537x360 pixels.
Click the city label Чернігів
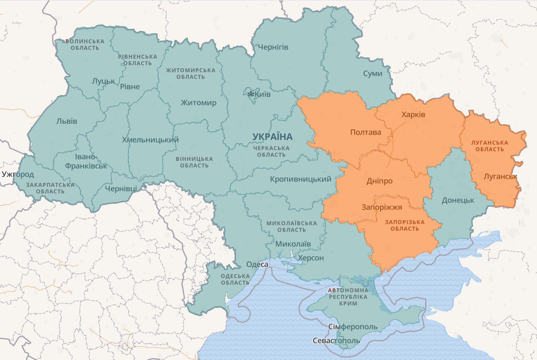pos(273,47)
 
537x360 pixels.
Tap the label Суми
pos(373,74)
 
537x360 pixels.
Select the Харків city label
pos(413,115)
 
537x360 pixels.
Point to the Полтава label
pos(365,132)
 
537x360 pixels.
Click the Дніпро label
pos(379,181)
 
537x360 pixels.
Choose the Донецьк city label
pos(458,200)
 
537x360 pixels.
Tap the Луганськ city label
pos(500,177)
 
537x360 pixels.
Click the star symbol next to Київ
pos(251,94)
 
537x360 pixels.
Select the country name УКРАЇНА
pos(272,137)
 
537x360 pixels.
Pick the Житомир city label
pos(199,103)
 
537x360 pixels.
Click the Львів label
pos(67,121)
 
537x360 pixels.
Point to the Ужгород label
pos(18,174)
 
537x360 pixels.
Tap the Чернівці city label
pos(121,189)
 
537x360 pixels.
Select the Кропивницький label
pos(300,179)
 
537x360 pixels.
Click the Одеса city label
pos(257,264)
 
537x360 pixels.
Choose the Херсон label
pos(311,258)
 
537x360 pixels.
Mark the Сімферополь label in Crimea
pos(353,327)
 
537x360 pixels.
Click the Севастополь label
pos(336,341)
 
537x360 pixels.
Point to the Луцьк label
pos(103,81)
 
